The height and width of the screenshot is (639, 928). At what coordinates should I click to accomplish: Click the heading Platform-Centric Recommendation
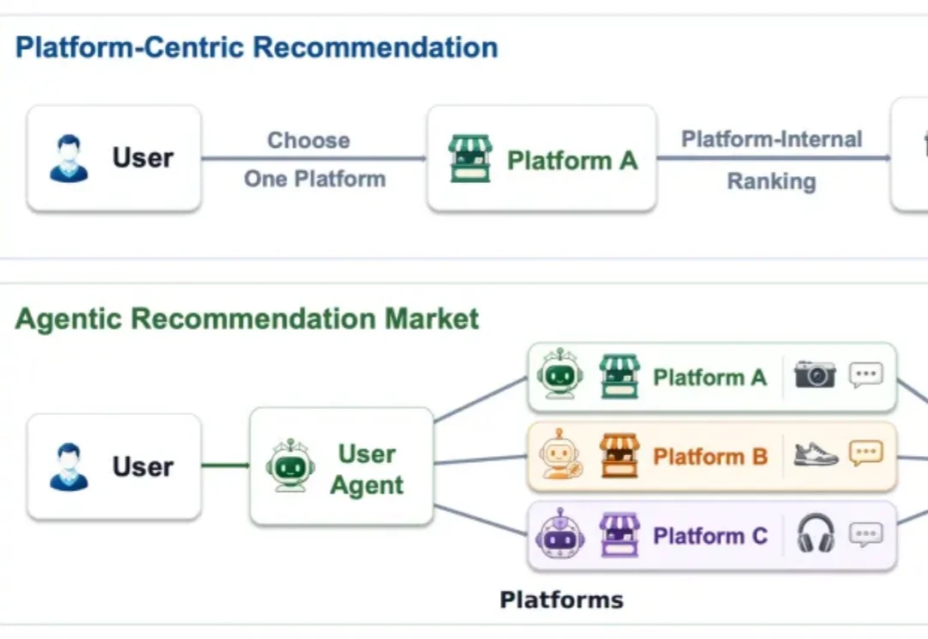[256, 47]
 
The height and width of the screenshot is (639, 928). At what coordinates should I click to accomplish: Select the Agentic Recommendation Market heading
[247, 319]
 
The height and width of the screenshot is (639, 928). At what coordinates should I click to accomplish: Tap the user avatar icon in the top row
[70, 159]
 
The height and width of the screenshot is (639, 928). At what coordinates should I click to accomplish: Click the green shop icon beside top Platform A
[470, 159]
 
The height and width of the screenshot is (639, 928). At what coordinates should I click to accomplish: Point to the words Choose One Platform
[314, 159]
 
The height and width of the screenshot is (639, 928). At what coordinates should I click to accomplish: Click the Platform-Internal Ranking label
[772, 160]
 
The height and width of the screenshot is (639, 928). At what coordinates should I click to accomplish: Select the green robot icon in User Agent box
[290, 466]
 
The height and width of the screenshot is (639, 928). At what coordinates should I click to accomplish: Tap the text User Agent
[367, 469]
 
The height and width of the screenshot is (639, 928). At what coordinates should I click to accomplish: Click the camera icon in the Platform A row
[815, 374]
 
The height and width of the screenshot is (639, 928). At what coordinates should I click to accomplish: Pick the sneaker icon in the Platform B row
[815, 454]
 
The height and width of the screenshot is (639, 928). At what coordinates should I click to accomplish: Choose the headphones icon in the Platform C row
[815, 533]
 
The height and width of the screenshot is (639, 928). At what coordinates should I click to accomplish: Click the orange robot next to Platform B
[560, 454]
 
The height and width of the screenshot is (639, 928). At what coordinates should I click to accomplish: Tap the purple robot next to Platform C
[560, 533]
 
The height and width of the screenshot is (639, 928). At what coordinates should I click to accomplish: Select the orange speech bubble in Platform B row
[866, 453]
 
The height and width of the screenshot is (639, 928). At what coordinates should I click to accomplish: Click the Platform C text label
[711, 535]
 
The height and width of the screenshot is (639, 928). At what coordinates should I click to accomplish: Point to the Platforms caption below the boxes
[562, 600]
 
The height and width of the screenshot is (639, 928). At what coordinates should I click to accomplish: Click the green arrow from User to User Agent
[225, 465]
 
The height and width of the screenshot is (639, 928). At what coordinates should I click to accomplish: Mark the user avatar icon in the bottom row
[70, 467]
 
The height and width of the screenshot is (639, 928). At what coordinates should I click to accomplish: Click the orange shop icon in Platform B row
[620, 455]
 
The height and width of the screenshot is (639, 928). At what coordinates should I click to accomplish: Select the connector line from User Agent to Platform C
[480, 520]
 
